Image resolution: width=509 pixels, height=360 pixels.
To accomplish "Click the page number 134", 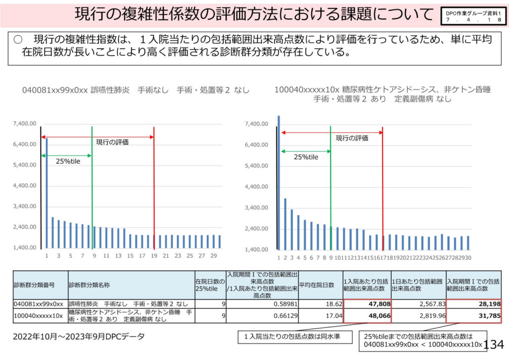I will click(493, 344).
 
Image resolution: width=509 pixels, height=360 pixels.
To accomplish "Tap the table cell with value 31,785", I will click(473, 316).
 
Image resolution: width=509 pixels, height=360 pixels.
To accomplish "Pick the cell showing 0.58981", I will click(262, 304).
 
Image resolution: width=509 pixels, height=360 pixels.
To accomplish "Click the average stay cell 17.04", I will click(320, 316).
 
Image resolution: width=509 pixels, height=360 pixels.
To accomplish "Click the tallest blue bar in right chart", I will click(279, 182).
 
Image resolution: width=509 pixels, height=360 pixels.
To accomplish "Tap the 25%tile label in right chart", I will click(306, 157).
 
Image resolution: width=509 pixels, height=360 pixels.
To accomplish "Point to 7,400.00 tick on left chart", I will click(25, 123).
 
